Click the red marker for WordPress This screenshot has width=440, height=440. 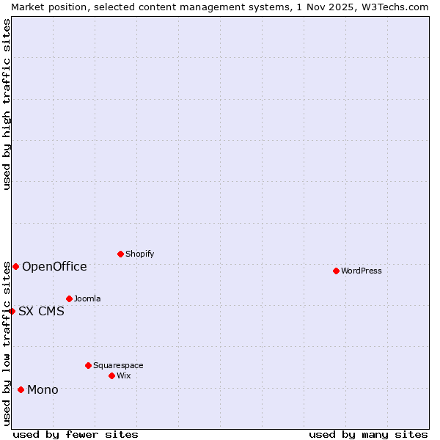point(336,271)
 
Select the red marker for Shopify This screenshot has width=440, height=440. point(120,254)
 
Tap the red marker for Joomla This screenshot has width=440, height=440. point(69,298)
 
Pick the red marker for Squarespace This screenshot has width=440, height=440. point(88,365)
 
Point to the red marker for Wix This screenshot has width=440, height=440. point(111,375)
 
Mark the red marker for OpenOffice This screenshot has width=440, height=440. point(15,266)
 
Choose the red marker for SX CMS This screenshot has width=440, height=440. point(12,311)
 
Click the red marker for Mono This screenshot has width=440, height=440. point(21,389)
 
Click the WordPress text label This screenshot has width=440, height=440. point(362,271)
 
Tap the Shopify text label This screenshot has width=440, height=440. point(139,254)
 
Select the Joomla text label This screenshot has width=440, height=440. point(87,298)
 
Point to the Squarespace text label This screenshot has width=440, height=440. point(118,365)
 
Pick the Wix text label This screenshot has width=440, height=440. point(124,375)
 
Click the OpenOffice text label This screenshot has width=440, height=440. point(54,266)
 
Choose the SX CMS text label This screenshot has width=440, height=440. point(41,311)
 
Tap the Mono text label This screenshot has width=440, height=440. point(43,389)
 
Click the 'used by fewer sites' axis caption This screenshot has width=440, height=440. point(76,434)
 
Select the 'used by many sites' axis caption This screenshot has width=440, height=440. point(368,434)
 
